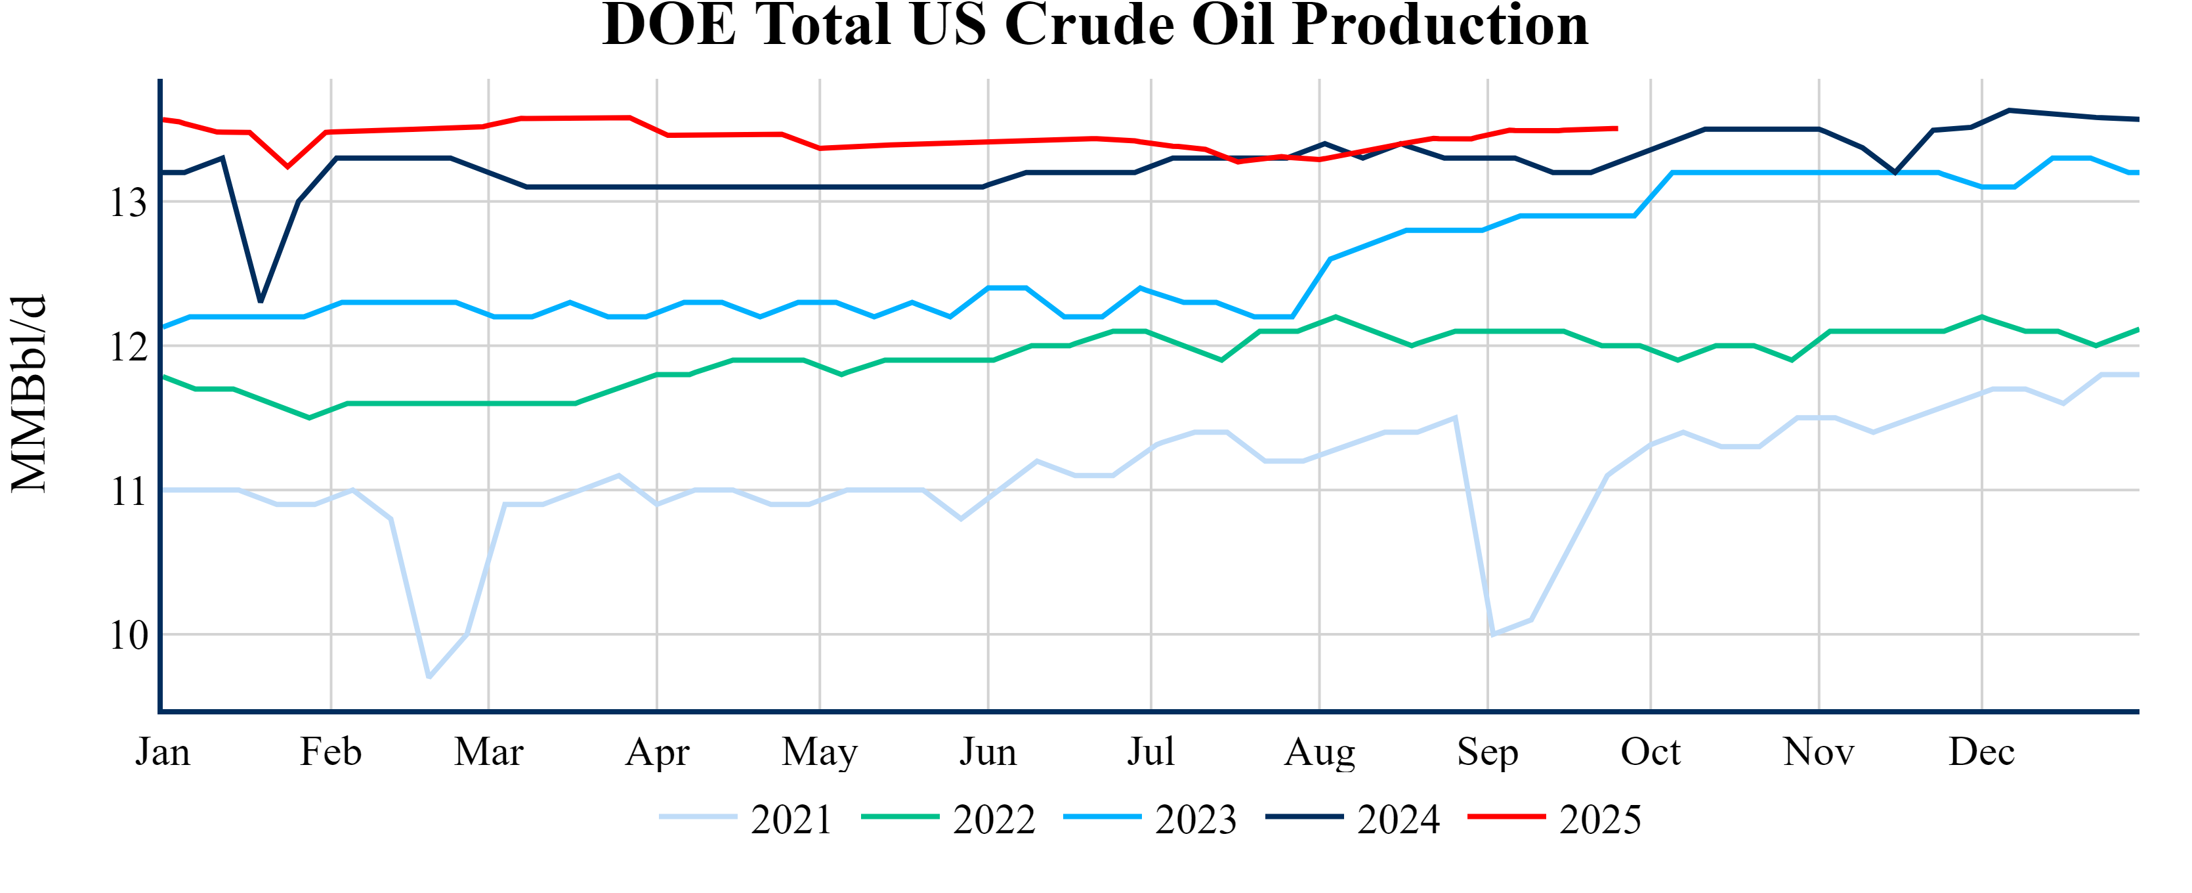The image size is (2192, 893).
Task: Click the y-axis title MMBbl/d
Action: [29, 394]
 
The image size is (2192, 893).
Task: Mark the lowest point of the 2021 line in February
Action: [429, 678]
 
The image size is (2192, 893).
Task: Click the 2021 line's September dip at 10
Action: [1492, 634]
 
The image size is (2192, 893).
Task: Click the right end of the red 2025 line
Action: [1616, 129]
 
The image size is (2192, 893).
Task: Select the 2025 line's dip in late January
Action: [287, 167]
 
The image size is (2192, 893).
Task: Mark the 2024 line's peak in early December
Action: [2009, 110]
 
